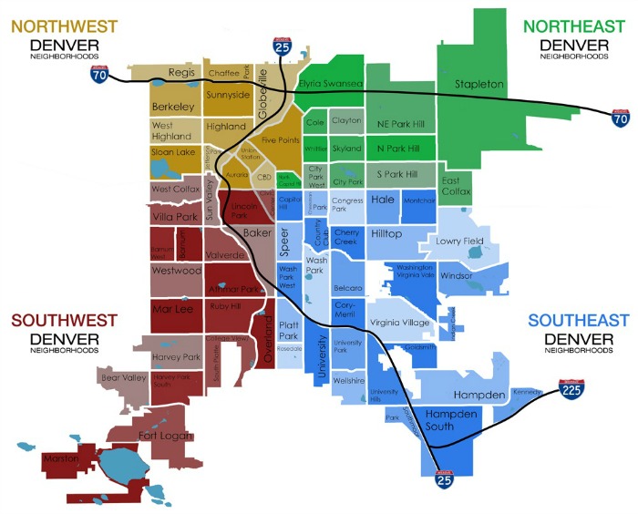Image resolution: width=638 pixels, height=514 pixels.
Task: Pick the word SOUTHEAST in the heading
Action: (x=578, y=321)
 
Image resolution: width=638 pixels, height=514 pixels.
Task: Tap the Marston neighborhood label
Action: (x=61, y=457)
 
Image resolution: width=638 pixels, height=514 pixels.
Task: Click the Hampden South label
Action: (x=451, y=420)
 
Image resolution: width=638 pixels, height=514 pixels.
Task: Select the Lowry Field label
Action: (x=459, y=242)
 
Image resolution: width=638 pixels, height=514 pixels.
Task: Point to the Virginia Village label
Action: (x=399, y=323)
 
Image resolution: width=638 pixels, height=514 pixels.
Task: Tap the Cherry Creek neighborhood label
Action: (x=346, y=238)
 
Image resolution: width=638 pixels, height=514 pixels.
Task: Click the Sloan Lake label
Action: (x=172, y=151)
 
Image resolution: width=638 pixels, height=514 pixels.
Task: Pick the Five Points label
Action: (x=281, y=140)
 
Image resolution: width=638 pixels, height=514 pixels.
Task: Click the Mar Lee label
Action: (x=171, y=310)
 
